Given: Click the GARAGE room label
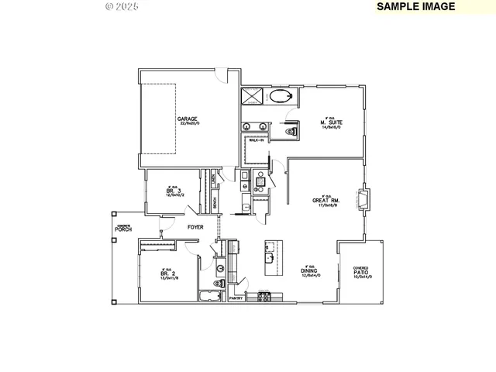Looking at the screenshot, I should [187, 119].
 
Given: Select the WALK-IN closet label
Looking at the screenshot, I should [256, 141].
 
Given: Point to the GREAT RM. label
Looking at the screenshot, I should [323, 200].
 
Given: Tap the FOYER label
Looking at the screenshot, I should [195, 227].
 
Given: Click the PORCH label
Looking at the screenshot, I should [122, 229].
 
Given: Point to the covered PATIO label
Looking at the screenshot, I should [361, 273].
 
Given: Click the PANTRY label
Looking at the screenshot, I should [237, 298].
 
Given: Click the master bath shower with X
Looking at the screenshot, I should [253, 96].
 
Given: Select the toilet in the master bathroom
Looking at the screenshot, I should [293, 133].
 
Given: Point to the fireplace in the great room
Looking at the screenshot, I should [363, 198].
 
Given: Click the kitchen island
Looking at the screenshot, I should [270, 257].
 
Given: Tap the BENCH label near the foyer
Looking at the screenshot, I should [214, 204].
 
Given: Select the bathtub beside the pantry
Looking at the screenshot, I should [208, 297].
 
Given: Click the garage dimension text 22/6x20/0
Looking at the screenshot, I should [188, 124].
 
